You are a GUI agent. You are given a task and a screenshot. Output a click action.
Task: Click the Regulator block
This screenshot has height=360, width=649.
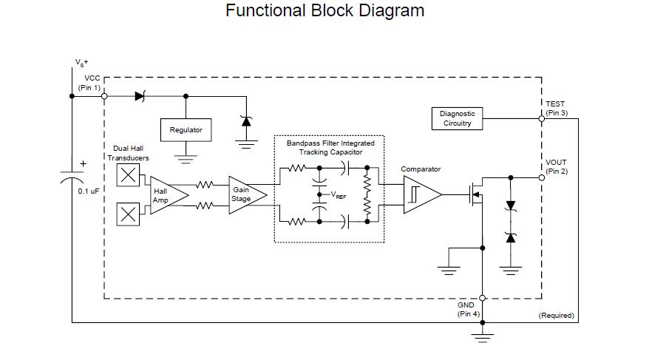(x=186, y=130)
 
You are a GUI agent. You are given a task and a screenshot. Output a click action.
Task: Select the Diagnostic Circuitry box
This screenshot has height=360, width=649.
(x=458, y=118)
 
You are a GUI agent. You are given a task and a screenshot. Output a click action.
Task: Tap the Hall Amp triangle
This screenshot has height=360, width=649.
(x=167, y=195)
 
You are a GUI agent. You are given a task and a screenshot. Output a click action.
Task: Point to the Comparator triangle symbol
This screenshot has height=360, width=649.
(x=421, y=194)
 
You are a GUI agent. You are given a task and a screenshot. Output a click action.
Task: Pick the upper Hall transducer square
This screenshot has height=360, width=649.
(x=128, y=174)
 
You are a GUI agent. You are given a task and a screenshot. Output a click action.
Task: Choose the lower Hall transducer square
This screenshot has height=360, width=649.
(x=128, y=214)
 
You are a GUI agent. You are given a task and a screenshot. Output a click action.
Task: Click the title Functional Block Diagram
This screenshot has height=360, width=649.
(x=324, y=11)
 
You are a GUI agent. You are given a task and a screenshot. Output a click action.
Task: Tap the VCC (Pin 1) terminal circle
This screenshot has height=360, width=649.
(x=104, y=96)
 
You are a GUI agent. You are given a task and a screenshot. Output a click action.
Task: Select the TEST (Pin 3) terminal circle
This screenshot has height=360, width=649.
(x=542, y=118)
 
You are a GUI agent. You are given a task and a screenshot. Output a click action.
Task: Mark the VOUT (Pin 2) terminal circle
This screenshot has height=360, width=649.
(x=542, y=177)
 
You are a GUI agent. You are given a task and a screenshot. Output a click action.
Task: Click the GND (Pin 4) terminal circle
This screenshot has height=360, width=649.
(x=483, y=298)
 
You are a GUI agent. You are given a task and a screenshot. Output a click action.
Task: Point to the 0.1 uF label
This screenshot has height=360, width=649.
(x=88, y=191)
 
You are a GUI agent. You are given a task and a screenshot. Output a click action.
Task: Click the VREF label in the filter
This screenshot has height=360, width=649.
(x=338, y=196)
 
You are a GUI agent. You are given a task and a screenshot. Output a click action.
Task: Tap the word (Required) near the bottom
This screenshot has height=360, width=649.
(x=556, y=316)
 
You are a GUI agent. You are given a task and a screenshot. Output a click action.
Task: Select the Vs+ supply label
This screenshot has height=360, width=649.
(x=81, y=63)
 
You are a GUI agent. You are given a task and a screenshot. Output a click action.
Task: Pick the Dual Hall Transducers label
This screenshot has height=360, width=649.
(x=128, y=153)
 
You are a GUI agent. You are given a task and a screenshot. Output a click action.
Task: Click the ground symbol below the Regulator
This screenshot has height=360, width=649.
(x=186, y=156)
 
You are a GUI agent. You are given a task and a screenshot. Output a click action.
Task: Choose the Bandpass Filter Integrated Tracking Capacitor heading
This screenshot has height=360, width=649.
(x=330, y=147)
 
